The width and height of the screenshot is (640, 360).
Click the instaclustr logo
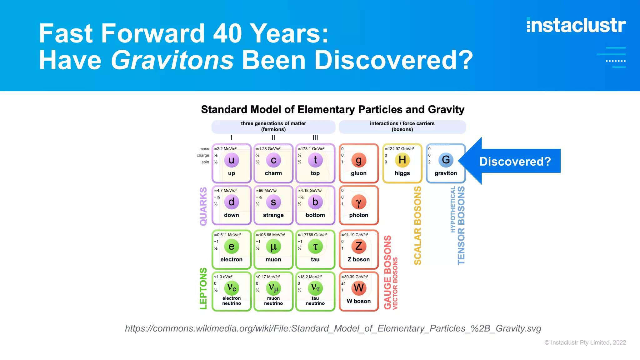(x=576, y=25)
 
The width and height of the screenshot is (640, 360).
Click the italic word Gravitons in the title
(x=172, y=60)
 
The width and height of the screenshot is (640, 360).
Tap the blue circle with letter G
(x=446, y=160)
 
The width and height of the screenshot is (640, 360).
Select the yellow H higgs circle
(x=402, y=160)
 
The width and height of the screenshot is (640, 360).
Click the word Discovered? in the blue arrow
(x=515, y=162)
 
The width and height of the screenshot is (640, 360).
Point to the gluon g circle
(x=358, y=160)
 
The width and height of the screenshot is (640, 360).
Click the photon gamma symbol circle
(x=358, y=202)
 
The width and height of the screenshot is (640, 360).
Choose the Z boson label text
(x=358, y=259)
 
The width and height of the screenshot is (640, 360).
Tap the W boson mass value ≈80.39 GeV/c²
(x=355, y=277)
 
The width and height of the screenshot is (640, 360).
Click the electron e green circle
(x=231, y=247)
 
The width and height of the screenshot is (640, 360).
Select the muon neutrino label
(x=273, y=301)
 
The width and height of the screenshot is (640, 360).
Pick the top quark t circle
(x=315, y=160)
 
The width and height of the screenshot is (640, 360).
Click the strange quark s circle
(x=273, y=202)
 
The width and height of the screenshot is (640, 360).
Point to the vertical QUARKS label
(x=203, y=206)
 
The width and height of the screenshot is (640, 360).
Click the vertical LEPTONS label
(x=203, y=288)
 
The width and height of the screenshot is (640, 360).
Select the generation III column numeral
(x=315, y=137)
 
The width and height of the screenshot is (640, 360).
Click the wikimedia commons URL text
(x=333, y=328)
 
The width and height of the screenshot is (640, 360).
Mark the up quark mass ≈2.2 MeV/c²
(x=225, y=149)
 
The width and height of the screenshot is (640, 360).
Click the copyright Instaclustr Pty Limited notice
(x=585, y=342)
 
